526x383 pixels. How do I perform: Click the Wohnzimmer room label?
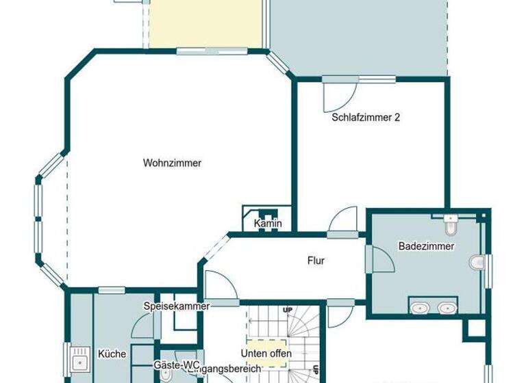pos(172,163)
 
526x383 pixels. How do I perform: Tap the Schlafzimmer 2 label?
pos(366,117)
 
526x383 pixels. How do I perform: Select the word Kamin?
pos(268,224)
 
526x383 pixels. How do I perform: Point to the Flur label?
pos(316,261)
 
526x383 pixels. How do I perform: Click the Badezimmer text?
pos(426,246)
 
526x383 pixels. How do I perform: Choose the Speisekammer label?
pos(176,306)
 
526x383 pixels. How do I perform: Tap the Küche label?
pos(112,354)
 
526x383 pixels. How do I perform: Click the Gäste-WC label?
pos(176,365)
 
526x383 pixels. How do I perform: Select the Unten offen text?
pos(266,353)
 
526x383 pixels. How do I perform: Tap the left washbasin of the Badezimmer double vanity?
pos(419,308)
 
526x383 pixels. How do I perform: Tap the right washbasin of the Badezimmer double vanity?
pos(447,308)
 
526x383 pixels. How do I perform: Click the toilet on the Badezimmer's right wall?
pos(477,261)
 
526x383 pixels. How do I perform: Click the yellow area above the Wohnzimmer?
pos(205,25)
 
